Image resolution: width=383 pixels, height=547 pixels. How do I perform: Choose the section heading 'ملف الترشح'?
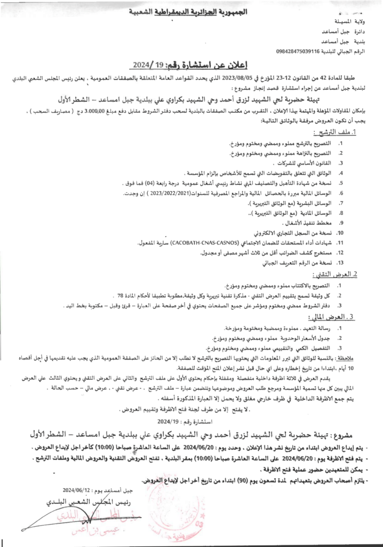tap(345, 131)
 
